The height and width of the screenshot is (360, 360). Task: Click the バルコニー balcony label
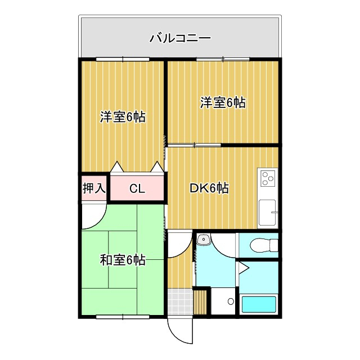pos(180,38)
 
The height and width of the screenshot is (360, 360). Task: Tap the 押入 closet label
pos(94,188)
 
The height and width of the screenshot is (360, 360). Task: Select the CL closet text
pos(137,189)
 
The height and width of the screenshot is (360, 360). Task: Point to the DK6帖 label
pos(208,188)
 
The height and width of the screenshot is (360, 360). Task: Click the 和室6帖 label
pos(123,260)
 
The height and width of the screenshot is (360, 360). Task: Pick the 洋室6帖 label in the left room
pos(123,117)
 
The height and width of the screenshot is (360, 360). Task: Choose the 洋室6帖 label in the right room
pos(223,103)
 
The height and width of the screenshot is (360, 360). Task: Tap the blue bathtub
pos(259,304)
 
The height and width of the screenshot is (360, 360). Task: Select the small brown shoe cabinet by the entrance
pos(201,302)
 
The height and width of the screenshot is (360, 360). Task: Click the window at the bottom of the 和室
pos(123,317)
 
